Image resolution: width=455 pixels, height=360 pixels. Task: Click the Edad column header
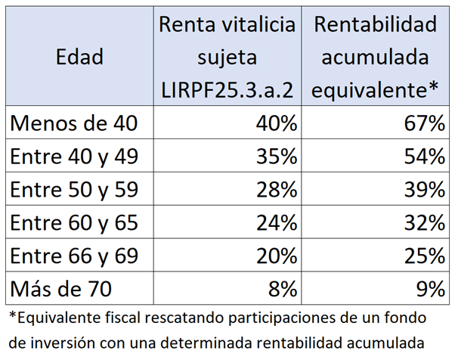(x=79, y=57)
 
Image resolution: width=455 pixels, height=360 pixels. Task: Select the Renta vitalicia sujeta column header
(x=227, y=57)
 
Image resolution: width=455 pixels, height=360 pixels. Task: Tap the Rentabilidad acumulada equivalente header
(x=376, y=57)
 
